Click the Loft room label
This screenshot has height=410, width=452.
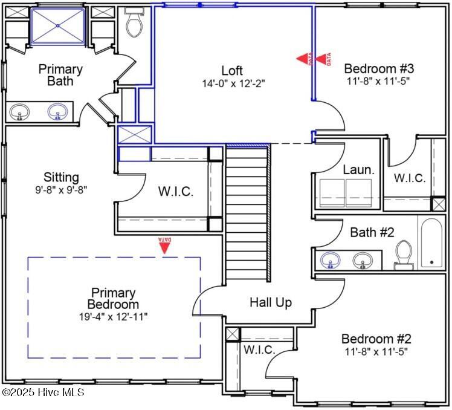pyautogui.click(x=232, y=70)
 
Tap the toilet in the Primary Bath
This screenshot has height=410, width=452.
pyautogui.click(x=134, y=22)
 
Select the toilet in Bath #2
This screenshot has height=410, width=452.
pyautogui.click(x=404, y=255)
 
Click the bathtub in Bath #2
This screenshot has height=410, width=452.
pyautogui.click(x=431, y=243)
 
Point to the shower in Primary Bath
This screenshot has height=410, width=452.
pyautogui.click(x=58, y=26)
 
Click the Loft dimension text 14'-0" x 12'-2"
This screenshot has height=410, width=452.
pyautogui.click(x=233, y=83)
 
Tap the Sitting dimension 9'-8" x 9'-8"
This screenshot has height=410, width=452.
pyautogui.click(x=61, y=190)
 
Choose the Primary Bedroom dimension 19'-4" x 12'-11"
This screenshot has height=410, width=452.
pyautogui.click(x=113, y=317)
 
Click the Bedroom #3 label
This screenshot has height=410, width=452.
pyautogui.click(x=379, y=69)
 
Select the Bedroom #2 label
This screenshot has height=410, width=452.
pyautogui.click(x=376, y=339)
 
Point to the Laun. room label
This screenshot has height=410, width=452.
pyautogui.click(x=358, y=170)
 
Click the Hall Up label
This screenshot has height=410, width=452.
pyautogui.click(x=271, y=303)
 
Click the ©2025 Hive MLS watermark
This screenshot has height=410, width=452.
pyautogui.click(x=43, y=392)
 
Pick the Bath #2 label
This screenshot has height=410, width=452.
pyautogui.click(x=372, y=232)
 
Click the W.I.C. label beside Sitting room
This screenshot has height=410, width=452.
pyautogui.click(x=176, y=192)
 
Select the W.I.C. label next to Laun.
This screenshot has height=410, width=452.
pyautogui.click(x=410, y=178)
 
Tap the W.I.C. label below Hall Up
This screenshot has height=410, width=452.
pyautogui.click(x=259, y=350)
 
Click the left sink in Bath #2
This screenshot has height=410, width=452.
pyautogui.click(x=331, y=259)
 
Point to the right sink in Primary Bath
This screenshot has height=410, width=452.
pyautogui.click(x=57, y=111)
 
